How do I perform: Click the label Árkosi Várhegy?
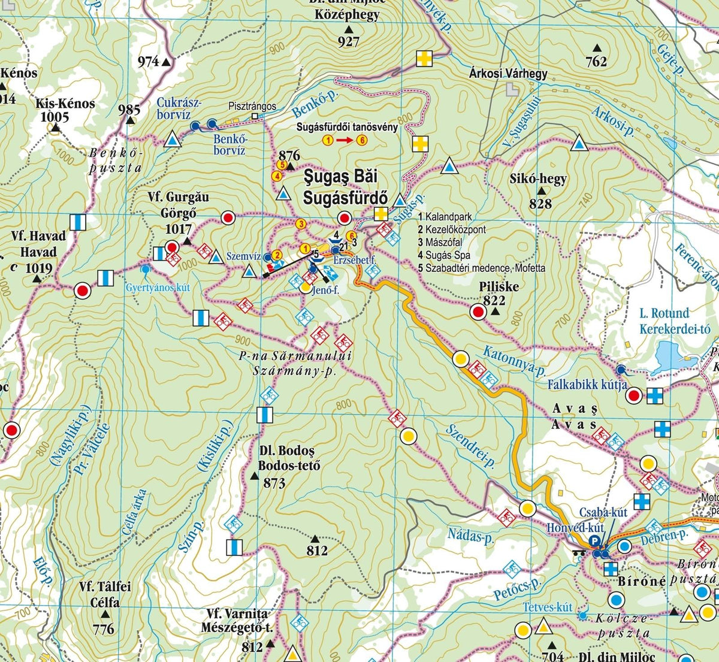pyautogui.click(x=508, y=74)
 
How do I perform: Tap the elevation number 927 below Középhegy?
pyautogui.click(x=348, y=41)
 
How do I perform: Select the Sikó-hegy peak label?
pyautogui.click(x=537, y=179)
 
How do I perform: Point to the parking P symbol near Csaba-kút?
pyautogui.click(x=594, y=541)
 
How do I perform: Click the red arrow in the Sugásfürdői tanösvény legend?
pyautogui.click(x=344, y=140)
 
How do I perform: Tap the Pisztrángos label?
pyautogui.click(x=252, y=106)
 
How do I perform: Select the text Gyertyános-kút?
pyautogui.click(x=158, y=288)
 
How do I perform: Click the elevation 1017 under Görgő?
pyautogui.click(x=178, y=228)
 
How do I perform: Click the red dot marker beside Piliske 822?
pyautogui.click(x=478, y=312)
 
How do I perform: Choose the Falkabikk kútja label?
pyautogui.click(x=587, y=385)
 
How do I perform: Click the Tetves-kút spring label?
pyautogui.click(x=548, y=607)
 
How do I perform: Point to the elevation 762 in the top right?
pyautogui.click(x=596, y=61)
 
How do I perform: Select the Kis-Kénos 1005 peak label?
pyautogui.click(x=65, y=109)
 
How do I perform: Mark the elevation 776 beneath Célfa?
pyautogui.click(x=104, y=629)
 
